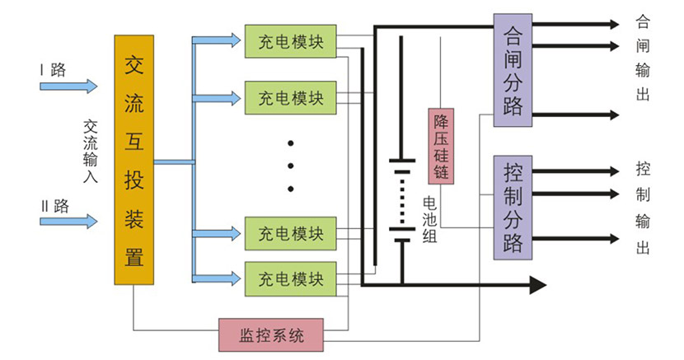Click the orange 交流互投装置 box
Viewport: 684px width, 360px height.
(x=134, y=160)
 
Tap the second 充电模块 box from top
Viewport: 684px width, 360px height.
(x=291, y=98)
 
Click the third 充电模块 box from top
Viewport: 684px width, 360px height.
(x=291, y=233)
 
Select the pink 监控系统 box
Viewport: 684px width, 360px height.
(x=271, y=334)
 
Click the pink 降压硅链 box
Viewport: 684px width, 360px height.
(x=441, y=147)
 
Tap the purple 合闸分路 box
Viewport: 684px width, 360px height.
(x=513, y=70)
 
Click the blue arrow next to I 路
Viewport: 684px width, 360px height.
(x=68, y=86)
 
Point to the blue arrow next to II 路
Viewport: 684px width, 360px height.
(x=68, y=222)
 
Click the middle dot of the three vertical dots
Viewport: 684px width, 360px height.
(x=291, y=166)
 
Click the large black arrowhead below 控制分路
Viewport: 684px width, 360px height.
(x=537, y=285)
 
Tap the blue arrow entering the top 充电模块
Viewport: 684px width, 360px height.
(x=218, y=39)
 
